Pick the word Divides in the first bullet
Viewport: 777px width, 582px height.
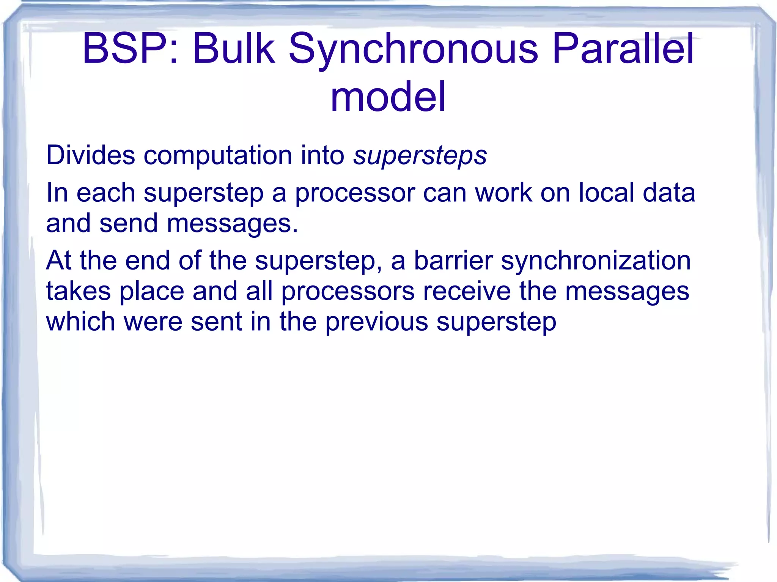[x=90, y=155]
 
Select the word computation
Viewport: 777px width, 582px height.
[x=218, y=156]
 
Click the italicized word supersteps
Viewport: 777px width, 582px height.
[x=420, y=156]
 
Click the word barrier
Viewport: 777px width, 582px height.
[x=453, y=260]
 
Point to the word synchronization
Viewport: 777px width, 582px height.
[x=596, y=261]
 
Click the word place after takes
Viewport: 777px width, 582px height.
[x=152, y=292]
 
